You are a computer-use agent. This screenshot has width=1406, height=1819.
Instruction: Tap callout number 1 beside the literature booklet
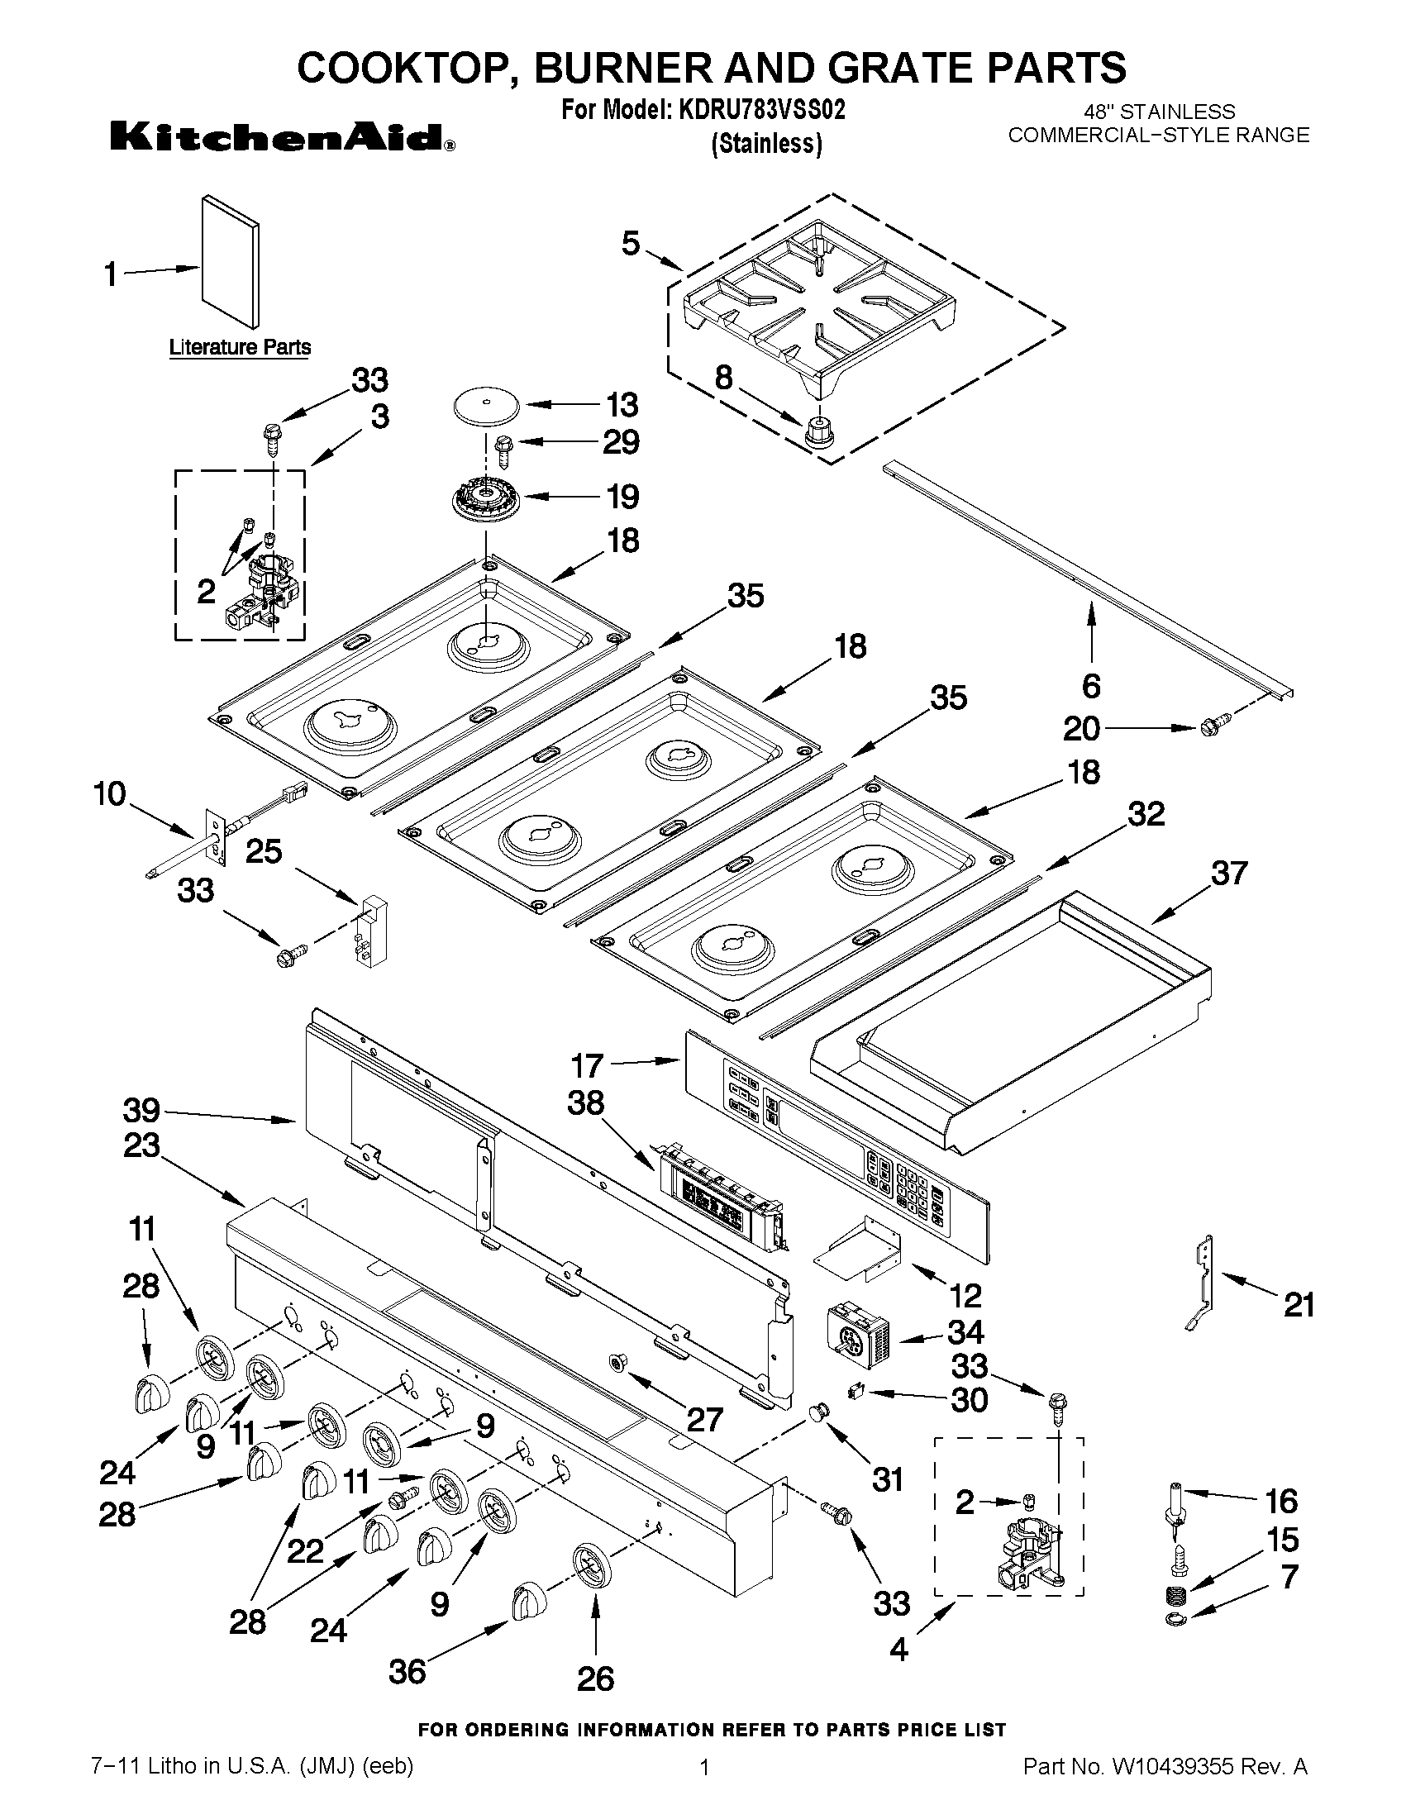click(111, 274)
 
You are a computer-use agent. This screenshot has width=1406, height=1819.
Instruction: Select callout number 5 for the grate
click(631, 243)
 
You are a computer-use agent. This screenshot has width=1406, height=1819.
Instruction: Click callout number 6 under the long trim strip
click(1091, 686)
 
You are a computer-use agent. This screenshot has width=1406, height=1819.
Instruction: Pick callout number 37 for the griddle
click(1228, 873)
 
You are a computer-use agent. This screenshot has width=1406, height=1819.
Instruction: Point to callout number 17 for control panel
click(587, 1065)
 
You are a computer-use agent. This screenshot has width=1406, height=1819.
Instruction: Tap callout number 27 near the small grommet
click(704, 1418)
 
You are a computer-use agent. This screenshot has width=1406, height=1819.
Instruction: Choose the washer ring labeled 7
click(1176, 1619)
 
